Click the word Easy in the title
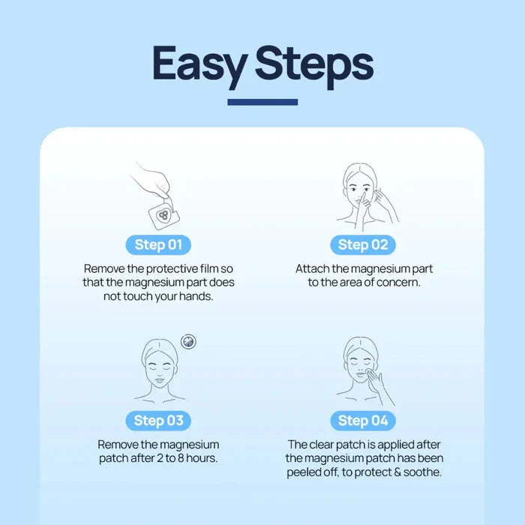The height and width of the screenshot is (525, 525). click(200, 65)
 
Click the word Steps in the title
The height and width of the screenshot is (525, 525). click(314, 65)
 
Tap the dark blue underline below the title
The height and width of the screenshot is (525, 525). click(262, 102)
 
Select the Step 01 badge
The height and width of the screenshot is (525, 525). click(158, 244)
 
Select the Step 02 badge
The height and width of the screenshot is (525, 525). click(363, 244)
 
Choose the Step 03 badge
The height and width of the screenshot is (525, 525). click(158, 421)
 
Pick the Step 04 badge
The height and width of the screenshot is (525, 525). click(363, 421)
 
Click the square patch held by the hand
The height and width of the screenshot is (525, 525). click(164, 216)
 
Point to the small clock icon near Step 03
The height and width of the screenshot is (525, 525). click(188, 341)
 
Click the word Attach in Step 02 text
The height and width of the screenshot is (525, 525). click(312, 268)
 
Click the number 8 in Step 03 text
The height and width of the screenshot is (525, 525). click(181, 458)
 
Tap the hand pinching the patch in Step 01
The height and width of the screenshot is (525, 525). click(152, 182)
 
